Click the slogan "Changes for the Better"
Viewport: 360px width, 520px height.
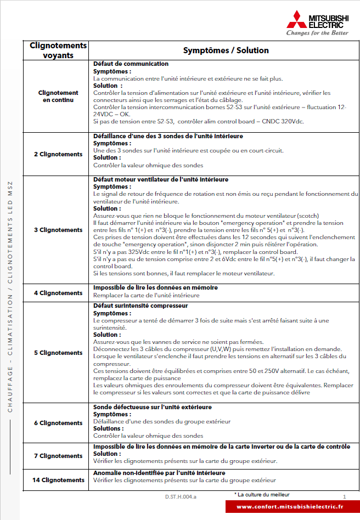[317, 33]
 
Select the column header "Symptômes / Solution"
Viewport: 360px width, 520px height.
[226, 50]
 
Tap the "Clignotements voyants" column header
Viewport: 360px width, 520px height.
[58, 50]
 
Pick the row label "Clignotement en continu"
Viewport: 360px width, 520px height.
[58, 97]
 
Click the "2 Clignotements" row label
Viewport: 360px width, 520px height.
[58, 154]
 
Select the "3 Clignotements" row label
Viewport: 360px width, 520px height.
[58, 230]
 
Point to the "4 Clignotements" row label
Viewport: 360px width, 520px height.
[58, 293]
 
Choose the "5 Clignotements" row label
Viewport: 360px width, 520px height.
[58, 353]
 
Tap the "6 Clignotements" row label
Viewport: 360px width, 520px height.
[58, 423]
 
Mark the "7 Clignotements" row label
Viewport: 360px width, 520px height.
[58, 456]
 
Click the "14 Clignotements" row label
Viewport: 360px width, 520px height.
[58, 480]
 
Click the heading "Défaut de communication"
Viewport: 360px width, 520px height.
[131, 64]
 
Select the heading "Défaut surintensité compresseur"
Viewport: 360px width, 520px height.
[140, 306]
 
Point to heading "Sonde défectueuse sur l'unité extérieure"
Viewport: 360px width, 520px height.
[153, 407]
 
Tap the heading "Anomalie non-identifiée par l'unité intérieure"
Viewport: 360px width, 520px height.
[159, 473]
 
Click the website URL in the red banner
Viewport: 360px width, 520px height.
[290, 507]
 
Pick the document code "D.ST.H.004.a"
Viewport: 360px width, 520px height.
[181, 496]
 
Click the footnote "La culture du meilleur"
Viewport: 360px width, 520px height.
[263, 495]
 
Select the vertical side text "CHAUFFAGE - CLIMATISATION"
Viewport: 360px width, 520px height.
[10, 351]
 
